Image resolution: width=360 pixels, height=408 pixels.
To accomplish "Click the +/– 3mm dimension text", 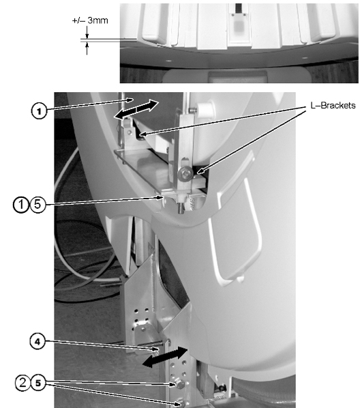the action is click(x=90, y=20).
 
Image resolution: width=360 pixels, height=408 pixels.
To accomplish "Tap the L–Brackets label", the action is click(x=333, y=105).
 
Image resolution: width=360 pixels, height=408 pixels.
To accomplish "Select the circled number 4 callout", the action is click(x=37, y=341).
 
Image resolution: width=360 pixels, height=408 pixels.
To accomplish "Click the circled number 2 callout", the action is click(x=23, y=383).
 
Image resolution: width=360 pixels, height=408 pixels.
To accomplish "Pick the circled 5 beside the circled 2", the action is click(x=38, y=383).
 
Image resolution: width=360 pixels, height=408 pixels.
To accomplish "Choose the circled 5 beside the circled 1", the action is click(x=37, y=204).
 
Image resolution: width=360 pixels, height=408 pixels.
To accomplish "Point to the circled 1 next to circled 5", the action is click(x=21, y=205).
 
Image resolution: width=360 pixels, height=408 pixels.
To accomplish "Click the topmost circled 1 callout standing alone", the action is click(x=39, y=111).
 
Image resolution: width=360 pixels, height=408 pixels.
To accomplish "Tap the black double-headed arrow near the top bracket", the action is click(x=136, y=110).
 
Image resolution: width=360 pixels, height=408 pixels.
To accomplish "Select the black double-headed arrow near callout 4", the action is click(x=165, y=357).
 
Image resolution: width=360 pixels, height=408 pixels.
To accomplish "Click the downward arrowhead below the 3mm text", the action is click(x=87, y=35).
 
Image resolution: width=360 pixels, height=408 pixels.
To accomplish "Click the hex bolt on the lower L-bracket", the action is click(x=185, y=174).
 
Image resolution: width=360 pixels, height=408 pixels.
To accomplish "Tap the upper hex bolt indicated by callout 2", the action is click(x=180, y=384).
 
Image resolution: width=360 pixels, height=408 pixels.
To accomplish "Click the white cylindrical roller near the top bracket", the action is click(x=205, y=108).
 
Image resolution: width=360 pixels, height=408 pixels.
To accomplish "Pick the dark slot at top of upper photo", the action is click(x=239, y=9).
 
